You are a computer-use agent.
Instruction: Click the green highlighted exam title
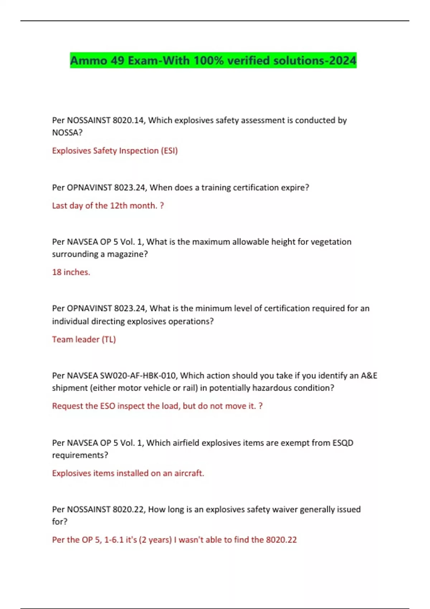click(213, 60)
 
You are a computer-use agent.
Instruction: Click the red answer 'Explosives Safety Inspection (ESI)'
click(115, 150)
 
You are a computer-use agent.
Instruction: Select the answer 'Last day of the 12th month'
click(107, 206)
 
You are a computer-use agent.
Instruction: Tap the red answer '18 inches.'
click(71, 272)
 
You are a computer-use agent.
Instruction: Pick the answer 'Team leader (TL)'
click(84, 339)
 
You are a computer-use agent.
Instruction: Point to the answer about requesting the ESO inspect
click(157, 406)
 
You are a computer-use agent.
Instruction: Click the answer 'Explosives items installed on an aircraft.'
click(128, 473)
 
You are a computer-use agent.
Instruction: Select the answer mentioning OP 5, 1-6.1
click(174, 540)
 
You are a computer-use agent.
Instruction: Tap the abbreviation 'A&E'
click(369, 375)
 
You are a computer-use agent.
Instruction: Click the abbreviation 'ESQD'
click(343, 443)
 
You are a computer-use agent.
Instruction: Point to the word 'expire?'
click(295, 187)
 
